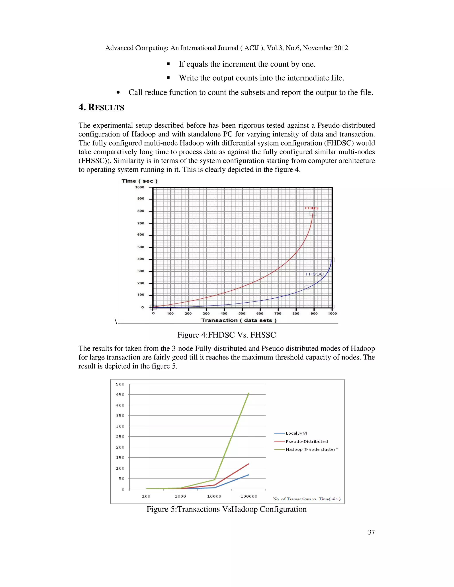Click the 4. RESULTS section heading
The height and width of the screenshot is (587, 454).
tap(101, 107)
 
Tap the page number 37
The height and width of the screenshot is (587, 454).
tap(371, 532)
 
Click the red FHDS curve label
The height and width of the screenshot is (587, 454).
tap(311, 208)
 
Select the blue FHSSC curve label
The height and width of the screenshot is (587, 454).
tap(314, 274)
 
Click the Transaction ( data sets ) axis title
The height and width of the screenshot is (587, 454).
tap(239, 320)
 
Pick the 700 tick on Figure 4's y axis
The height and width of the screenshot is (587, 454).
tap(141, 223)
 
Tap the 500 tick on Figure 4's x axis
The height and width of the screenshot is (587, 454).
tap(242, 313)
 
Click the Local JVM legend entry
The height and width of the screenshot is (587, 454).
tap(296, 433)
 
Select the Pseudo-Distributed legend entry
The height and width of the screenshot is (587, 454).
tap(307, 441)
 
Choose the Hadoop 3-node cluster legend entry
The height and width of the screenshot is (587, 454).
tap(311, 449)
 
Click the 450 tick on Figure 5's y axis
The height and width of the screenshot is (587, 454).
tap(120, 395)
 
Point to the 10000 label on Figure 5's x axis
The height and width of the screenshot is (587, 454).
tap(214, 496)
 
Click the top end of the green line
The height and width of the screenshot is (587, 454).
tap(249, 393)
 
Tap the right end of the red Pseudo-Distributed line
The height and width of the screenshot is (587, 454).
tap(249, 464)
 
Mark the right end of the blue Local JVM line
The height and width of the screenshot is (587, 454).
tap(249, 475)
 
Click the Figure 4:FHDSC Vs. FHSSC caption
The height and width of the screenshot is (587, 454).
tap(227, 335)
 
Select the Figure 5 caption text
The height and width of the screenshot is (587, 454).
tap(227, 509)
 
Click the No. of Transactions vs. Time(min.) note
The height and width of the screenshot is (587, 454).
tap(307, 499)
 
